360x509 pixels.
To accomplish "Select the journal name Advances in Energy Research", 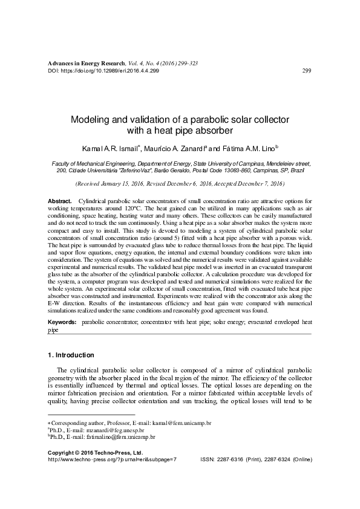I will click(x=86, y=63).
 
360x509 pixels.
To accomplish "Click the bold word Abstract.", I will click(x=59, y=200).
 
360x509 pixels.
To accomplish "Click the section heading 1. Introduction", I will click(x=70, y=355).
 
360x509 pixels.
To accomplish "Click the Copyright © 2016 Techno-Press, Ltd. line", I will click(x=94, y=452).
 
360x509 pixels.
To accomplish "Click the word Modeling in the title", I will click(x=92, y=120).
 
